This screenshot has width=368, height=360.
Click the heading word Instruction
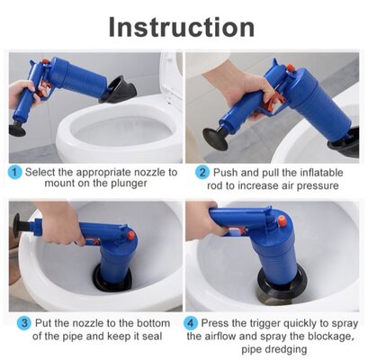click(x=182, y=27)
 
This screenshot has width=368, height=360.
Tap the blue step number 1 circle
click(x=14, y=173)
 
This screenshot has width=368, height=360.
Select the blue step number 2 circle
click(x=202, y=173)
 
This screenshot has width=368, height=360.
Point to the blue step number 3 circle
click(x=24, y=323)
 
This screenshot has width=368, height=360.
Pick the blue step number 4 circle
click(x=190, y=323)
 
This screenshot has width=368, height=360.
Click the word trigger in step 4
click(x=265, y=324)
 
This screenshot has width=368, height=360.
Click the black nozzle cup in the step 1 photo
click(x=118, y=89)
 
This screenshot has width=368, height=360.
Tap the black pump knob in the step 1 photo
click(x=17, y=129)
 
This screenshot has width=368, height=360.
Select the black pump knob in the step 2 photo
click(x=215, y=139)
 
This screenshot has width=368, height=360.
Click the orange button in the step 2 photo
click(x=290, y=68)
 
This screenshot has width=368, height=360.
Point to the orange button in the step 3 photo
click(x=130, y=235)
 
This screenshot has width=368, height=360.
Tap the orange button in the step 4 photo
click(x=282, y=220)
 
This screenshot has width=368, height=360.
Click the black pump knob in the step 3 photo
click(x=16, y=225)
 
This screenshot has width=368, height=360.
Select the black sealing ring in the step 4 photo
click(x=282, y=283)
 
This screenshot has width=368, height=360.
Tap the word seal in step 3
click(x=152, y=337)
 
